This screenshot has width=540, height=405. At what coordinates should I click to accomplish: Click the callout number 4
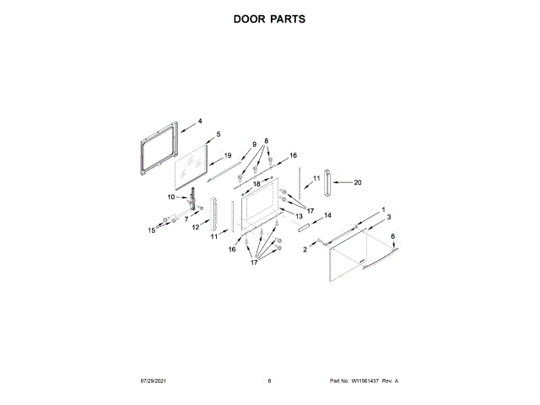[x=200, y=121]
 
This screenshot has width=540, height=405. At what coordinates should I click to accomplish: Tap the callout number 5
[x=218, y=134]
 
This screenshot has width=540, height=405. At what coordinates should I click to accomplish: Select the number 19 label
[x=227, y=155]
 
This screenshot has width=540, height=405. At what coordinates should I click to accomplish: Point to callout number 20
[x=357, y=182]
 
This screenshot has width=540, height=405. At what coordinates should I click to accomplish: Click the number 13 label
[x=299, y=217]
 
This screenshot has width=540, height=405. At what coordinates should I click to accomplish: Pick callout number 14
[x=328, y=215]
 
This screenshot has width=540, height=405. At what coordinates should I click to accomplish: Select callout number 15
[x=153, y=229]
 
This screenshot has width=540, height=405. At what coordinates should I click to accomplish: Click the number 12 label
[x=195, y=227]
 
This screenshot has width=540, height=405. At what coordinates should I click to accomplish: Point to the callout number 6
[x=391, y=236]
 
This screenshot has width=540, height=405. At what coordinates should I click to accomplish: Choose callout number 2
[x=305, y=250]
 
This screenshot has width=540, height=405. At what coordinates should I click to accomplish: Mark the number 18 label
[x=256, y=184]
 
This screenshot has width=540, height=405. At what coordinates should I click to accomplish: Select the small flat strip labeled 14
[x=303, y=226]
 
